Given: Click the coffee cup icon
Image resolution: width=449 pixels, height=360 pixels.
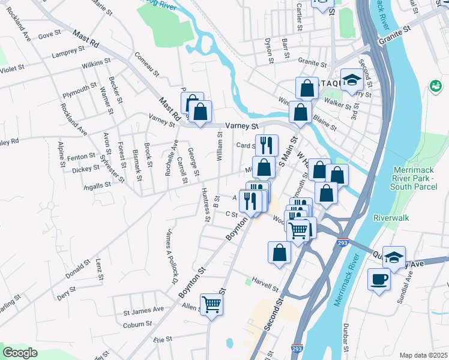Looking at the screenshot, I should pyautogui.click(x=379, y=280).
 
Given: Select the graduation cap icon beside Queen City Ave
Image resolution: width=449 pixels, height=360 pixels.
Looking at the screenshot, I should pyautogui.click(x=394, y=258).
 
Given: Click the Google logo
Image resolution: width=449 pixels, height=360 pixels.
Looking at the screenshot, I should pyautogui.click(x=20, y=352).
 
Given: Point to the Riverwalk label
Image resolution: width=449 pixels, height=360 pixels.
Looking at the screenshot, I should pyautogui.click(x=391, y=218).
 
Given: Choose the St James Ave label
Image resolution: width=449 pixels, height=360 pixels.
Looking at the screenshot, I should pyautogui.click(x=143, y=310).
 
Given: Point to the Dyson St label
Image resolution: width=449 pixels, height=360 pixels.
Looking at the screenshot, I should pyautogui.click(x=270, y=50).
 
